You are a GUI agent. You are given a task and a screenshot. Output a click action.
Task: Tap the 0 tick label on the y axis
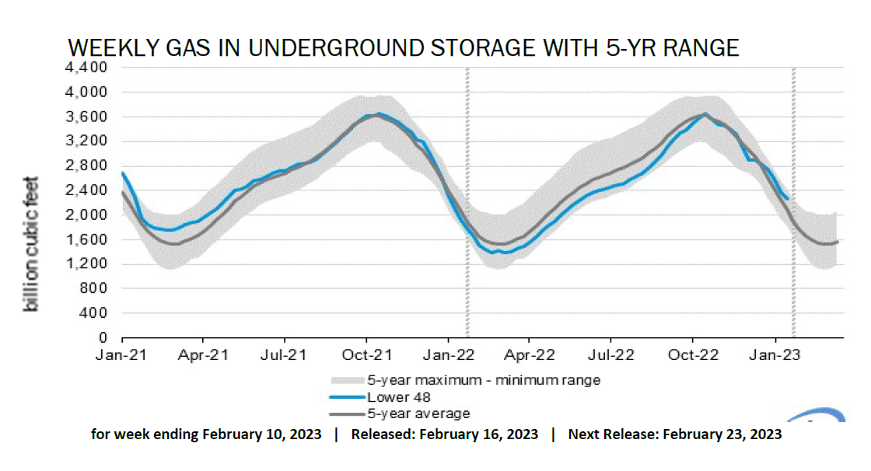coord(101,338)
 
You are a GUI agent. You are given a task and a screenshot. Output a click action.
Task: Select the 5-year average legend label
coord(418,413)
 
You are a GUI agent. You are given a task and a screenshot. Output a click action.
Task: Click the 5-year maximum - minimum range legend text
coord(483,380)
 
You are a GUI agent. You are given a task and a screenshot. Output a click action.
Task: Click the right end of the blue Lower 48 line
coord(788,199)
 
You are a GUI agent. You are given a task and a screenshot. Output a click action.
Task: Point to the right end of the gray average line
coord(838,242)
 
